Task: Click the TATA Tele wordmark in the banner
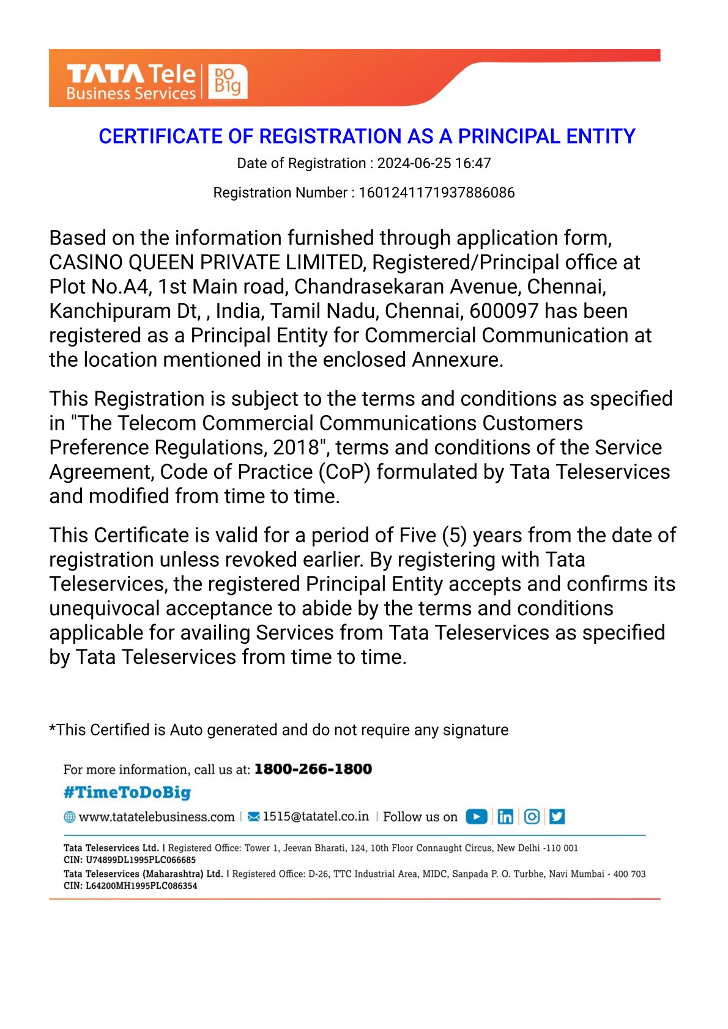click(x=131, y=74)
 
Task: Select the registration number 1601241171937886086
click(x=436, y=193)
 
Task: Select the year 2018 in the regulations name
click(x=297, y=448)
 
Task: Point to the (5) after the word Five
click(x=454, y=536)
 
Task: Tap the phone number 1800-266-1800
click(x=313, y=769)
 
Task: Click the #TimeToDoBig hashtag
click(x=127, y=792)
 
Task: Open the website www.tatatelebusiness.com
click(x=157, y=817)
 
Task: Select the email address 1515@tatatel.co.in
click(x=316, y=817)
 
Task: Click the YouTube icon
click(x=477, y=817)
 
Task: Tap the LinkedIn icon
click(x=505, y=817)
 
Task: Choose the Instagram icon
click(x=532, y=817)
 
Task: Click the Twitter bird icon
click(x=557, y=817)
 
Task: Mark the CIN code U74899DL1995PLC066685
click(x=141, y=860)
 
